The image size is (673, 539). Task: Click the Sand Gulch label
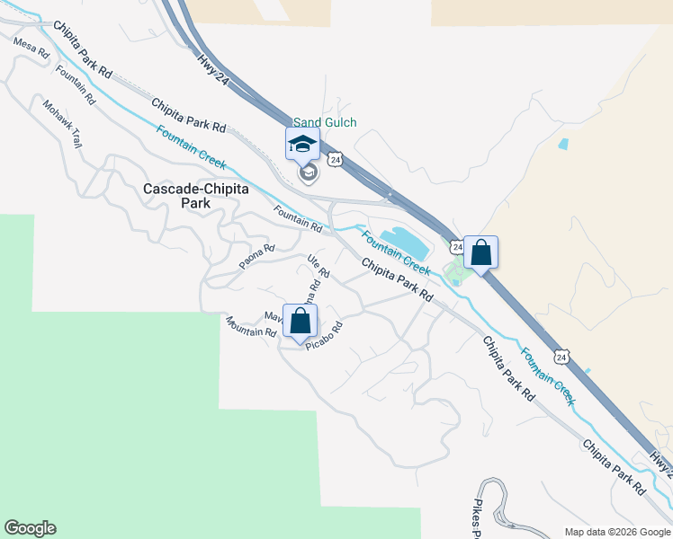tap(325, 122)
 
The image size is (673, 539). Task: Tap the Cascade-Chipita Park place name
tap(178, 196)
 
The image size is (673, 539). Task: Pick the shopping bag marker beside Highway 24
tap(480, 254)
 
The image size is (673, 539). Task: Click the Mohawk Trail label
tap(62, 123)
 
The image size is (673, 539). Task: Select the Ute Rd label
tap(319, 267)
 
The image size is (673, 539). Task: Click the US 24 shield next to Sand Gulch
tap(335, 159)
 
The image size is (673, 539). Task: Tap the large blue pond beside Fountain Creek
tap(398, 240)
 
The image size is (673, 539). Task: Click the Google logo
tap(30, 528)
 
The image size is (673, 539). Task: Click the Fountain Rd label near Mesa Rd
tap(75, 85)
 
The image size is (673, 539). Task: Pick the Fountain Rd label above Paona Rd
tap(298, 218)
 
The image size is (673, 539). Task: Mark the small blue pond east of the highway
tap(563, 144)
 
